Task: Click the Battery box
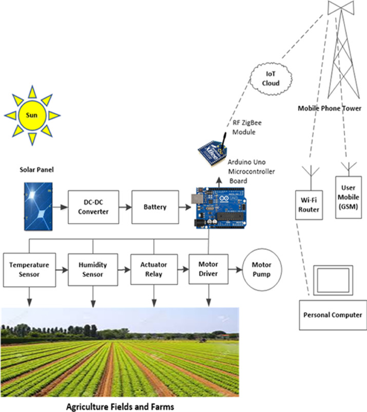[155, 207]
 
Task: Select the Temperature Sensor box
[29, 269]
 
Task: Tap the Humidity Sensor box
[92, 269]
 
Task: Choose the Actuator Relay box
[154, 269]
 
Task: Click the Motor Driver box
[208, 269]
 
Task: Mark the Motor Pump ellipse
[261, 269]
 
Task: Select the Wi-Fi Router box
[310, 205]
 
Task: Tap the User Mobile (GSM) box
[348, 197]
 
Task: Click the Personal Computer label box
[333, 315]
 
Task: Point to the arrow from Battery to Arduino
[183, 207]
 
